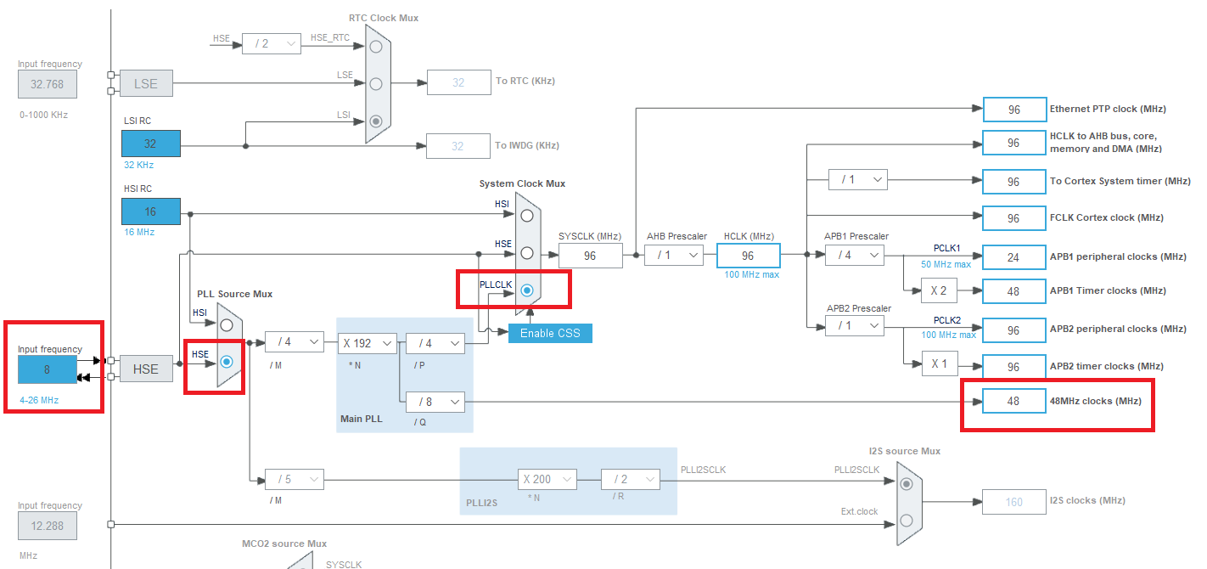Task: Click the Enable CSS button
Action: click(x=550, y=333)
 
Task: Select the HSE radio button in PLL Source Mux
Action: click(x=227, y=363)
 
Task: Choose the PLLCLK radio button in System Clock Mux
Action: click(x=527, y=290)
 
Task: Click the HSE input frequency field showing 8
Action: click(x=48, y=369)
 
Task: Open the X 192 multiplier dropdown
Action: click(x=368, y=343)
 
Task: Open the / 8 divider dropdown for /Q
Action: click(x=435, y=401)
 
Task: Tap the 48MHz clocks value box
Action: click(x=1013, y=401)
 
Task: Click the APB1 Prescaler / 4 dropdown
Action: click(x=853, y=255)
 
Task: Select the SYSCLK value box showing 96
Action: click(x=590, y=256)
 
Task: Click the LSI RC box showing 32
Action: click(x=150, y=144)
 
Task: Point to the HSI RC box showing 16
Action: click(x=150, y=211)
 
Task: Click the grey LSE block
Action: click(x=146, y=84)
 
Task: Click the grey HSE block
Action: click(x=146, y=369)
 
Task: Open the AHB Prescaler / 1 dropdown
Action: click(x=673, y=255)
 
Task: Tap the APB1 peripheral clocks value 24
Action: click(x=1013, y=256)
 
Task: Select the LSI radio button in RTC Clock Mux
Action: click(x=376, y=121)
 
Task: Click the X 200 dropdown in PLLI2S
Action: click(x=547, y=479)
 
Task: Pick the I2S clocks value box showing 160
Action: click(x=1013, y=502)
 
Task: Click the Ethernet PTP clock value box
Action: click(x=1013, y=110)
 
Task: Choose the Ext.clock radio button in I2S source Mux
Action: click(x=907, y=519)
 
